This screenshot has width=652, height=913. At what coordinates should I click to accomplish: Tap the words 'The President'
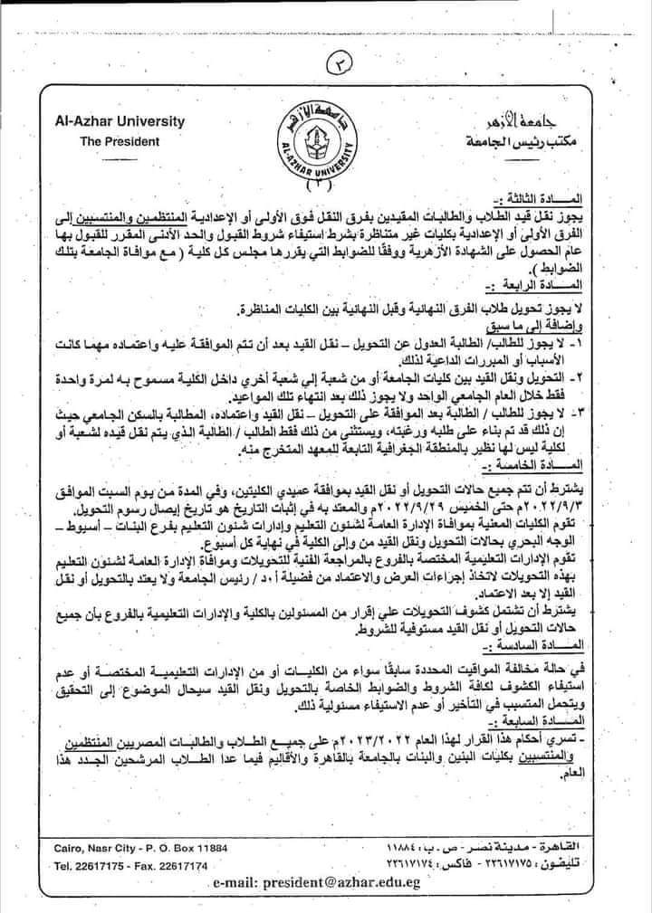[x=120, y=141]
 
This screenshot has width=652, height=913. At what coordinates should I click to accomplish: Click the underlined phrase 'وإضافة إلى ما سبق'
[x=545, y=324]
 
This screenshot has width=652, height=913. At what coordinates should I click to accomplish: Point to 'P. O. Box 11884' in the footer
[x=185, y=847]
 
